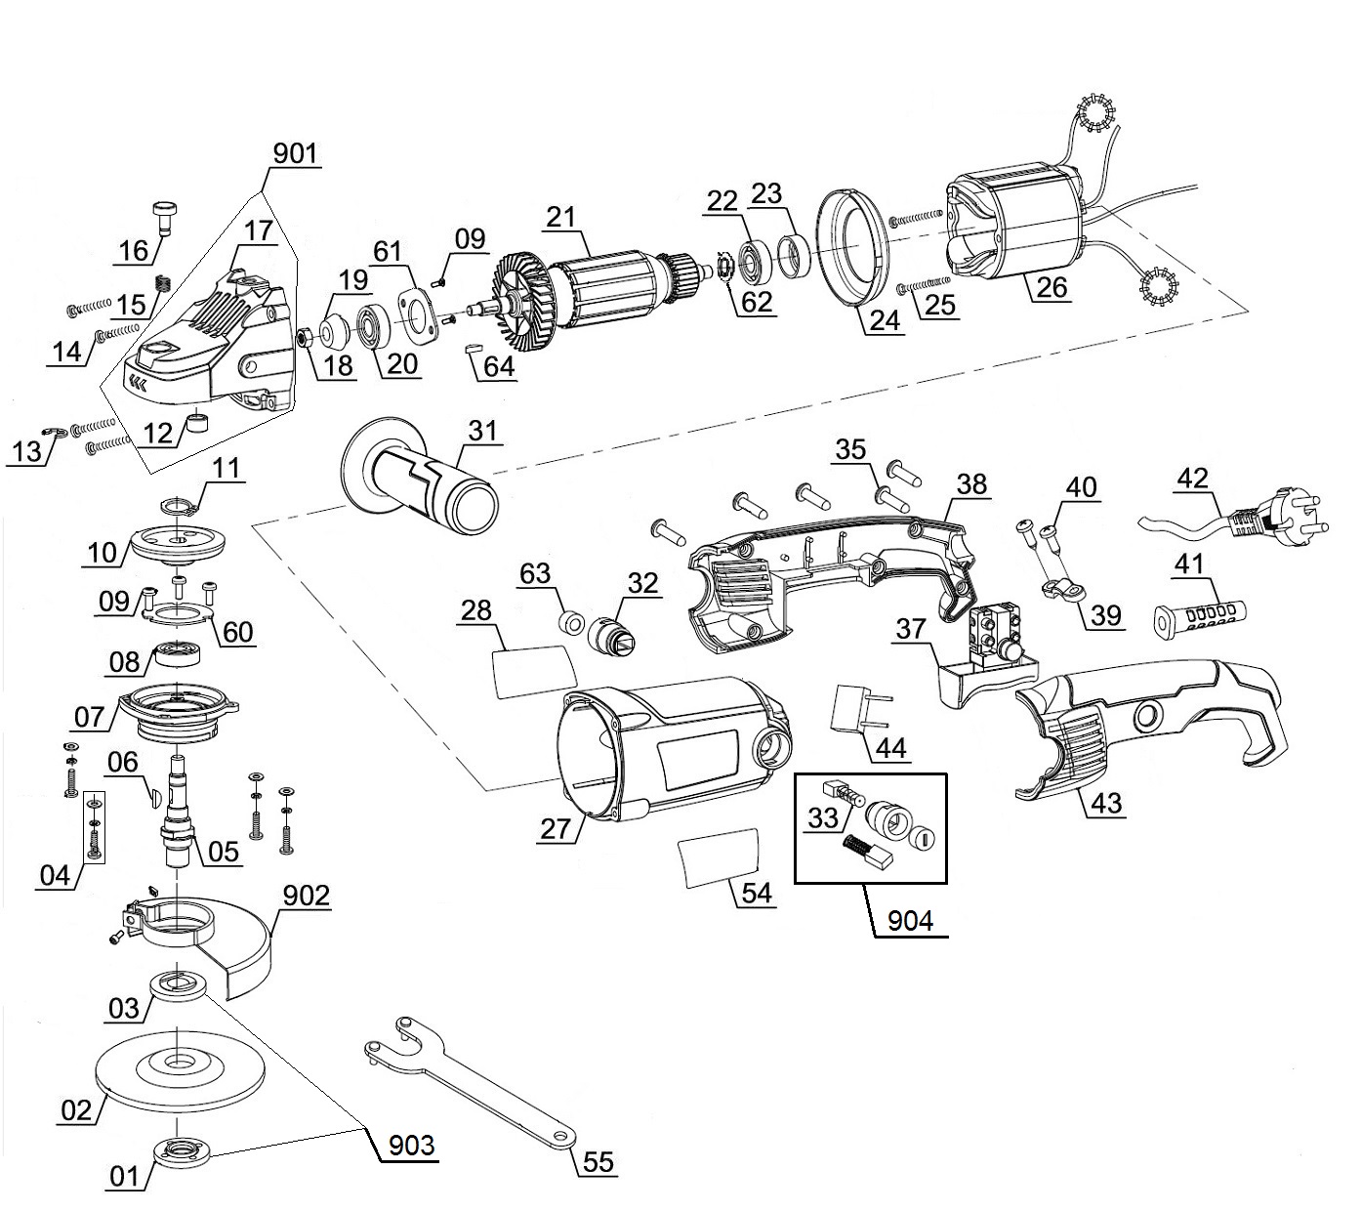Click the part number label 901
(296, 154)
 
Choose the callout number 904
(910, 920)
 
